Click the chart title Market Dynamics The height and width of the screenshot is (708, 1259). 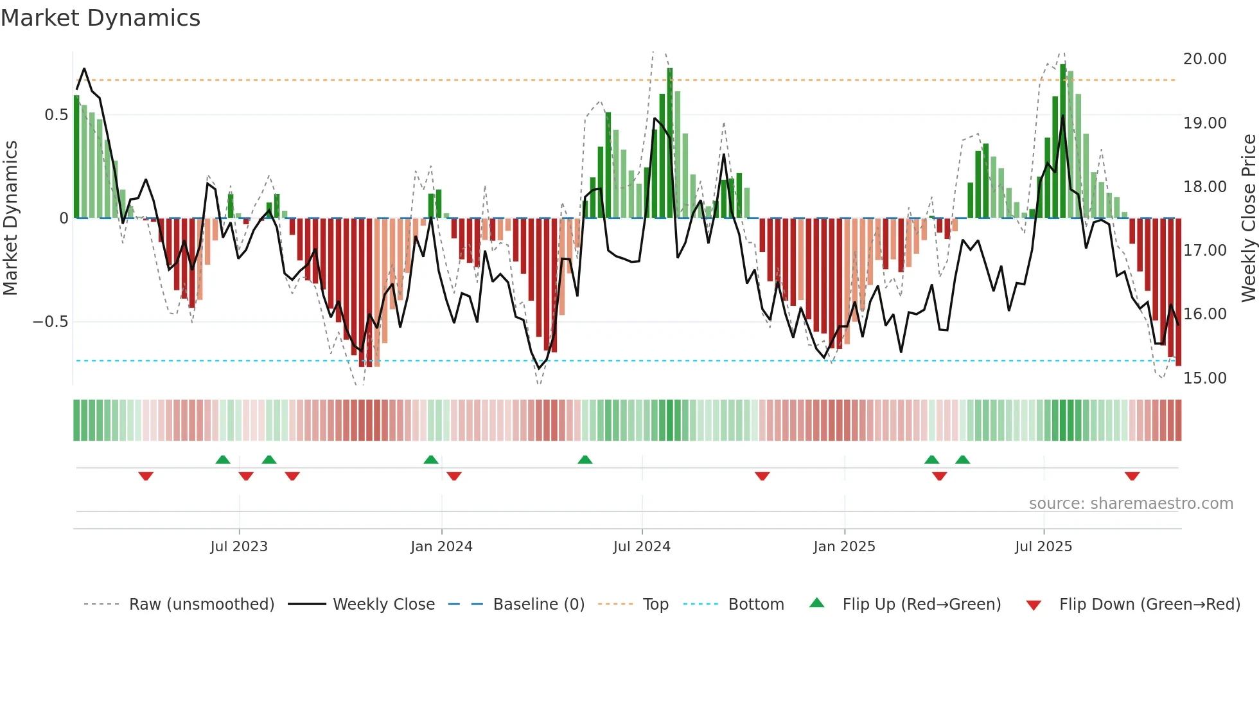point(100,18)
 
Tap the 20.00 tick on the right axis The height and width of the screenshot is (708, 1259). point(1204,59)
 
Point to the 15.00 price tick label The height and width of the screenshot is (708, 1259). point(1204,378)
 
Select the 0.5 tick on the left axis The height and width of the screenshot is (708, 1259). point(56,115)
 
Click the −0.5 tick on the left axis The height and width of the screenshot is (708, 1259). point(51,322)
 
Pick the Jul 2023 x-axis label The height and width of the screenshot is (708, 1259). point(239,547)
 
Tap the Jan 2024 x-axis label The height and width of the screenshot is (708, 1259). point(441,547)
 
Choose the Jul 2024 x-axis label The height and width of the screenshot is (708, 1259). point(642,547)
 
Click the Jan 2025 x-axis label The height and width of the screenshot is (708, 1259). point(844,547)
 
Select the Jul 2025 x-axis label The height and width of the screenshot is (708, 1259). point(1043,547)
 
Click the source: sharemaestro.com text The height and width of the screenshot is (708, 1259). point(1131,504)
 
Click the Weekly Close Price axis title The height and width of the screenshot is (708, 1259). point(1248,218)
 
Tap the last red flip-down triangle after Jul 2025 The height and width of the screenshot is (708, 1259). point(1132,476)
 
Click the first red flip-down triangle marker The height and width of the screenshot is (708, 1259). point(146,476)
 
